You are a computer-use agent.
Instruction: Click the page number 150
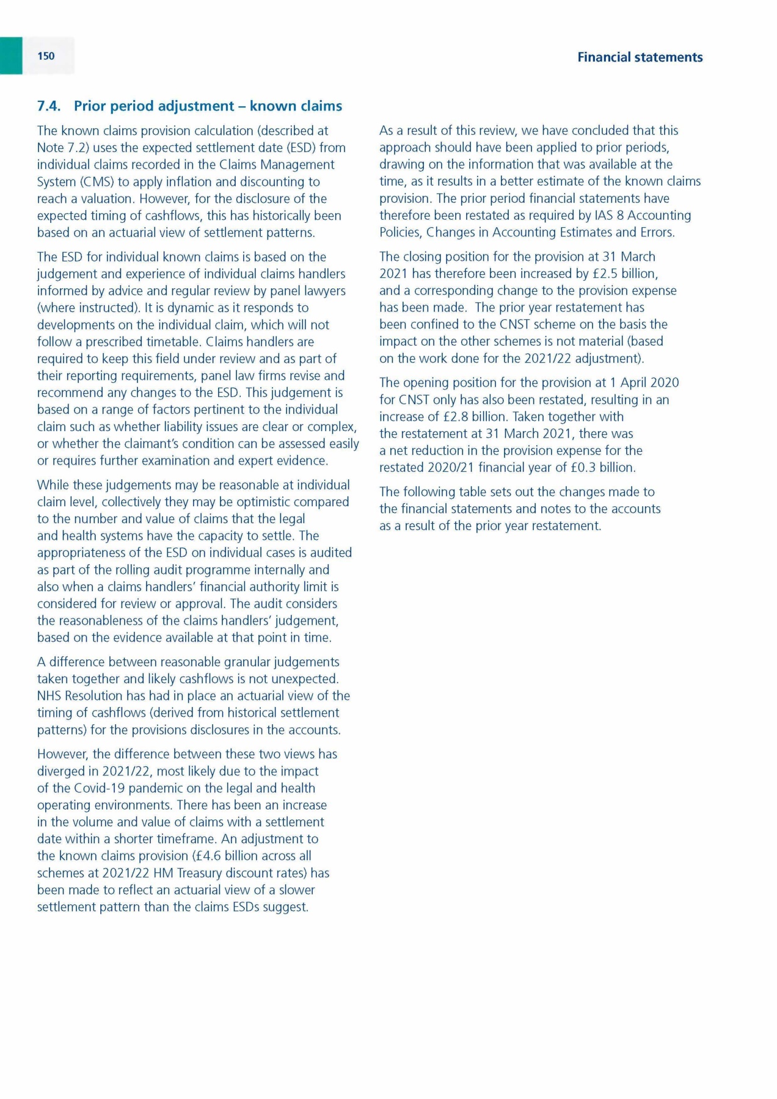click(46, 56)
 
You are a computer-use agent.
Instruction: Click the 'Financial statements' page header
click(640, 57)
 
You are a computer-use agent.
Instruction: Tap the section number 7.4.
click(49, 106)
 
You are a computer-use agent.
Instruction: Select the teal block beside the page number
click(11, 56)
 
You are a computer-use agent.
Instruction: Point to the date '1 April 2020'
click(644, 383)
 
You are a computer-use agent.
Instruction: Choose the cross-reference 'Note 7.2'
click(64, 148)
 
